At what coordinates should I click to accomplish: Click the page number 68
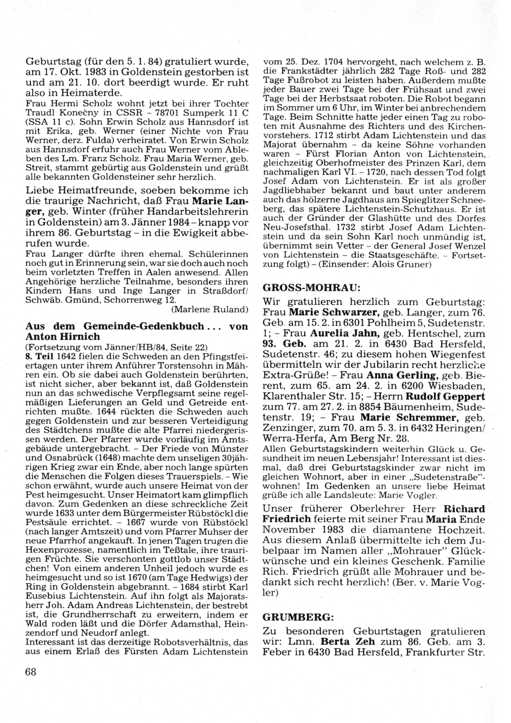pos(31,672)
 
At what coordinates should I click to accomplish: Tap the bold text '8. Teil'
pos(39,355)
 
